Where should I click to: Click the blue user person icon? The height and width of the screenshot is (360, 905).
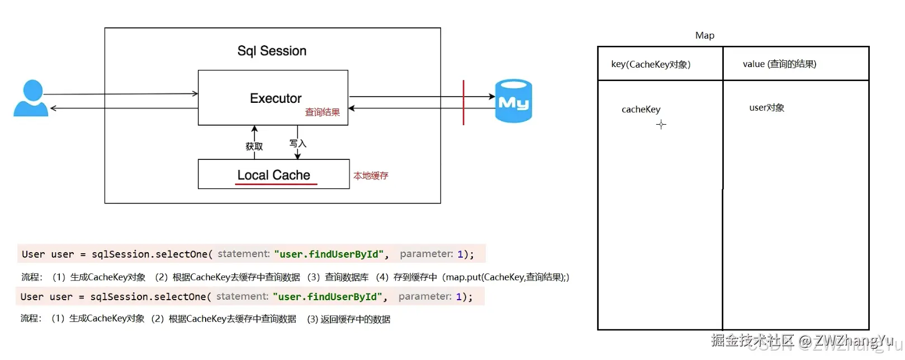tap(31, 98)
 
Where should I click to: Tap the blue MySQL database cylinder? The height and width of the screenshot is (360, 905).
tap(514, 101)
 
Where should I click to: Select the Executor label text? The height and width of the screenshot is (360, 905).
tap(276, 98)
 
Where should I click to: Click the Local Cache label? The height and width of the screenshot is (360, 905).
tap(273, 175)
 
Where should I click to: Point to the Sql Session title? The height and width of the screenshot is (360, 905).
tap(272, 51)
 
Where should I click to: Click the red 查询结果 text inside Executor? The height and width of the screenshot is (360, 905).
tap(323, 112)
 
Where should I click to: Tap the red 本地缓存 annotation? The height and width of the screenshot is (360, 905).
tap(371, 176)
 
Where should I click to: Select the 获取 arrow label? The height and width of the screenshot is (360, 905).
tap(254, 146)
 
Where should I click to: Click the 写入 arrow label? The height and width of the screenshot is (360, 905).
tap(298, 144)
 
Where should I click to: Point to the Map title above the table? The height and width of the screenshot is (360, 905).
tap(705, 36)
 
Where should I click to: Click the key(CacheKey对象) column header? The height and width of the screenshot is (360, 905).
tap(651, 64)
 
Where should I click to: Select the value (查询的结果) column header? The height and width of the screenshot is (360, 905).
tap(779, 64)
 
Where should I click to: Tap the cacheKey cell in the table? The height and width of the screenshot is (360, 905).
tap(641, 110)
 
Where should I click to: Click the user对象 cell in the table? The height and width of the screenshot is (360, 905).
tap(766, 108)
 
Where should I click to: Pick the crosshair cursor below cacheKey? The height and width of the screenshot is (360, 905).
tap(661, 125)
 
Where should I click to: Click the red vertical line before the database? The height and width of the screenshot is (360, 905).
tap(463, 103)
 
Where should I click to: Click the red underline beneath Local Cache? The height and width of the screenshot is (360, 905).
tap(276, 184)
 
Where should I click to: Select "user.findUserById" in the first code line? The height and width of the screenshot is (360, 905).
tap(329, 254)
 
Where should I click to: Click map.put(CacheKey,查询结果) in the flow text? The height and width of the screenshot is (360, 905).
tap(505, 277)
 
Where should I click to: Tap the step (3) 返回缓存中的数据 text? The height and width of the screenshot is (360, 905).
tap(349, 319)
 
